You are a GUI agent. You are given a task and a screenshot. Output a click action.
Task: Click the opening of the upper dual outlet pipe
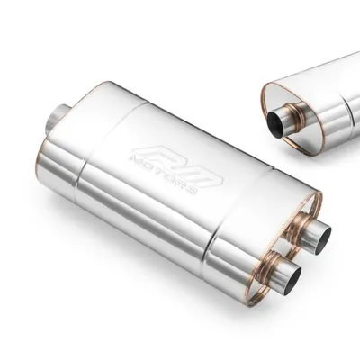click(322, 239)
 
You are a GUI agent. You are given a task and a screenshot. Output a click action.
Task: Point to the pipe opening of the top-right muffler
click(275, 124)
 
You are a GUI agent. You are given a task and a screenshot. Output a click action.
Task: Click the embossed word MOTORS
click(162, 174)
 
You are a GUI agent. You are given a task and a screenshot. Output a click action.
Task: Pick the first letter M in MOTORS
click(133, 160)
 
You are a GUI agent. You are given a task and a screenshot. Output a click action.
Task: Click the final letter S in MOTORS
click(191, 189)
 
